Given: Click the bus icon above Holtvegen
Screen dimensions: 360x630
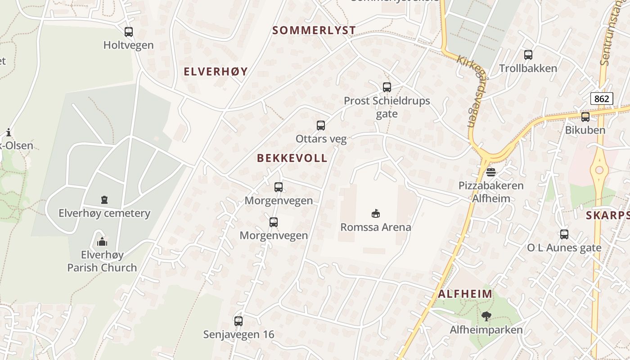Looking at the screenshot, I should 129,32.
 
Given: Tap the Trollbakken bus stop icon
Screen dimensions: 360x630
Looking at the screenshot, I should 528,55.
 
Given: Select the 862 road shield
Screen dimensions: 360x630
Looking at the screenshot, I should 602,98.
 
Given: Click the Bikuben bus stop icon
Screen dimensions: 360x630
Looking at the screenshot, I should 585,117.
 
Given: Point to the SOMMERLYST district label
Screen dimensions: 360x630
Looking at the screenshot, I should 314,31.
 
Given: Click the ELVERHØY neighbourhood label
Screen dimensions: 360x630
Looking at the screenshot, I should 216,72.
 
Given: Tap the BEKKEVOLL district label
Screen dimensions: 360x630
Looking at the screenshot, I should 292,158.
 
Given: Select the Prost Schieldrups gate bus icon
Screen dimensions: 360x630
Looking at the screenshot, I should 387,87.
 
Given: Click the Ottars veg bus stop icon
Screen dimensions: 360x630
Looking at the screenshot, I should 321,126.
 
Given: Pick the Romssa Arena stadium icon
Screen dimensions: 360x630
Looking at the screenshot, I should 376,213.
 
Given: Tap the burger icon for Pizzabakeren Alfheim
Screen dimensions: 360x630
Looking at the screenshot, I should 491,172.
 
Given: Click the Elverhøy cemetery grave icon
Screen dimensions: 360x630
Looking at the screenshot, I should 104,199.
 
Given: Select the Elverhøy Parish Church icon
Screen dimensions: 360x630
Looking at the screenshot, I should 102,242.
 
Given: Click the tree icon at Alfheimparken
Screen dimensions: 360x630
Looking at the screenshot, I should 486,316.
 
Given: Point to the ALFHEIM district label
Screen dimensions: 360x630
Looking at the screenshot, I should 465,294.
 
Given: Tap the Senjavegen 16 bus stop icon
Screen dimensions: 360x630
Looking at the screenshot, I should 238,321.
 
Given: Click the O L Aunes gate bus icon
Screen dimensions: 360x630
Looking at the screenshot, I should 564,234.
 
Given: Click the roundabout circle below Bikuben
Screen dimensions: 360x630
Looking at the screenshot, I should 599,170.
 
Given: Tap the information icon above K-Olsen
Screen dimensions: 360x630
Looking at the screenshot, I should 9,132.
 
